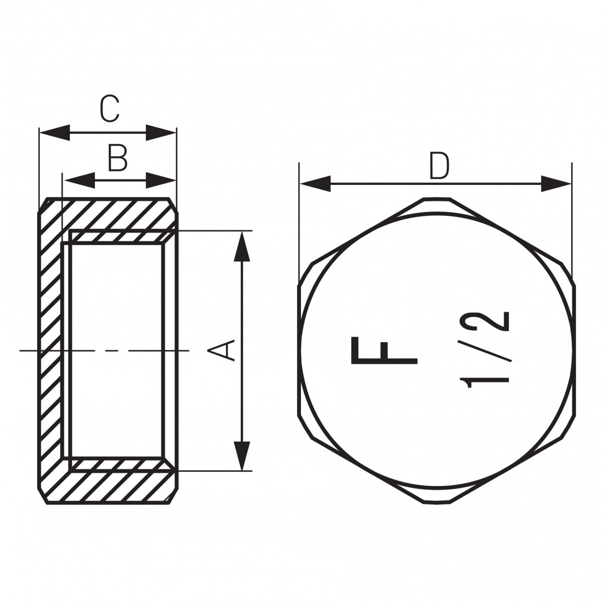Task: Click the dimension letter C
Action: click(110, 109)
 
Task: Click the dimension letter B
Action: click(118, 158)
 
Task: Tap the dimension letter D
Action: click(439, 166)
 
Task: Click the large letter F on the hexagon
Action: click(384, 351)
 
